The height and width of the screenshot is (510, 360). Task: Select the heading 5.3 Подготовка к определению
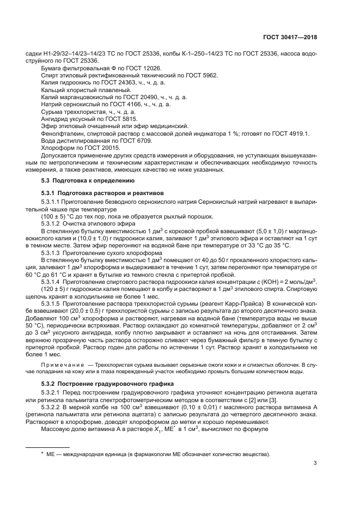84,180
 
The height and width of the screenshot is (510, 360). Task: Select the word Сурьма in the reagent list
52,111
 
